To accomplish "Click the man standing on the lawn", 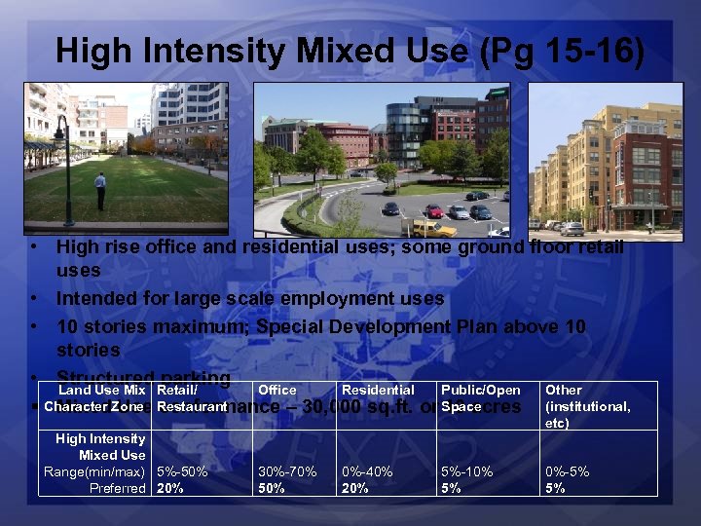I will (100, 191).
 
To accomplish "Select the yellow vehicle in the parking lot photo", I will (428, 227).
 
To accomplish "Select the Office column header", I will (277, 391).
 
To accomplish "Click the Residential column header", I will (378, 391).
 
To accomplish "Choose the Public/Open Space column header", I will (480, 398).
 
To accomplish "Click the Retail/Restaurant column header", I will (191, 398).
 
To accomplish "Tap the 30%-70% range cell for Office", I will (287, 471).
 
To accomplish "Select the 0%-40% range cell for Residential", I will (367, 471).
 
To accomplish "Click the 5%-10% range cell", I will (466, 471).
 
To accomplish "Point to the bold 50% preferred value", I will (272, 488).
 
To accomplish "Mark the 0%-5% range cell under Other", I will (567, 471).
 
